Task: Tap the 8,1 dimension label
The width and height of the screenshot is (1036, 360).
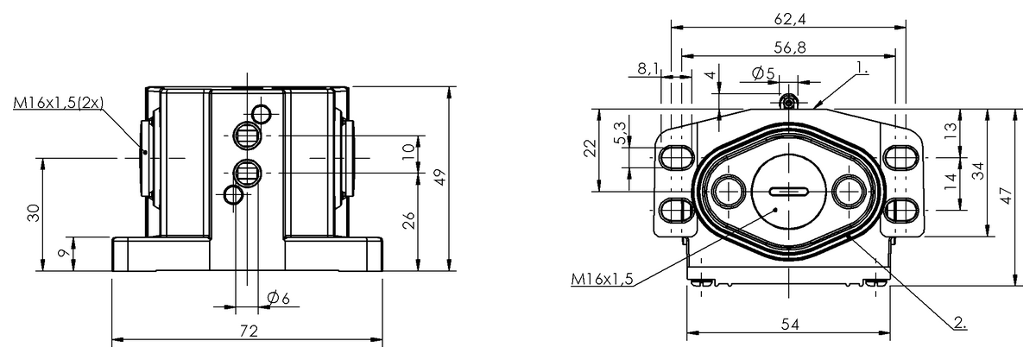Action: pyautogui.click(x=648, y=68)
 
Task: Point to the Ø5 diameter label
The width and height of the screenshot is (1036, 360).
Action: pyautogui.click(x=762, y=74)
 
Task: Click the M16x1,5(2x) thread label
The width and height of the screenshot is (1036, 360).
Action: pyautogui.click(x=59, y=103)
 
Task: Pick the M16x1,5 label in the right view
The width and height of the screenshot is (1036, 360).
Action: pyautogui.click(x=602, y=278)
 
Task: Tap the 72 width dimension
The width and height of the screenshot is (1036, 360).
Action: pyautogui.click(x=249, y=332)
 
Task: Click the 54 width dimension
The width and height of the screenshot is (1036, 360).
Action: pyautogui.click(x=789, y=324)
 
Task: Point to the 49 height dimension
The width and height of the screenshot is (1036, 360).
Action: pyautogui.click(x=439, y=178)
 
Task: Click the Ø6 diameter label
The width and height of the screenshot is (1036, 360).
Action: pyautogui.click(x=277, y=298)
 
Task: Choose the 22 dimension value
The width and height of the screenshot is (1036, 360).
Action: pyautogui.click(x=589, y=148)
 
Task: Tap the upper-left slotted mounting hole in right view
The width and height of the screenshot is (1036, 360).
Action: pyautogui.click(x=674, y=156)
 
